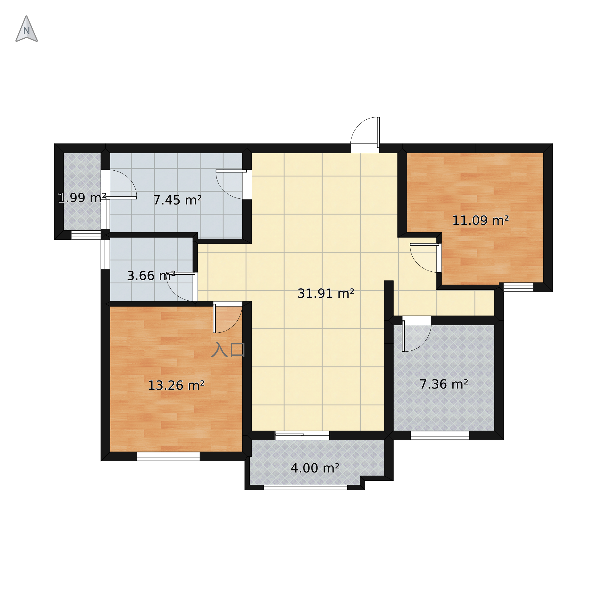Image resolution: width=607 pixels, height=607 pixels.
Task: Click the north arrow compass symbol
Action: pyautogui.click(x=27, y=29)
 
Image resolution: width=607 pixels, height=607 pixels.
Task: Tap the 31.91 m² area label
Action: pyautogui.click(x=326, y=293)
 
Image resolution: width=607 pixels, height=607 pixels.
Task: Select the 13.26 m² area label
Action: pyautogui.click(x=176, y=385)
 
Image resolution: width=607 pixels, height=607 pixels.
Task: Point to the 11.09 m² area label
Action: pyautogui.click(x=480, y=220)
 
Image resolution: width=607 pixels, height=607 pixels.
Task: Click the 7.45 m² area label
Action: pyautogui.click(x=177, y=200)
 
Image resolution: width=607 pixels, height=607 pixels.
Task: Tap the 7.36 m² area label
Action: pyautogui.click(x=444, y=384)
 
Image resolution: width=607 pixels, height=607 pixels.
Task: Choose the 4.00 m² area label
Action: pyautogui.click(x=315, y=468)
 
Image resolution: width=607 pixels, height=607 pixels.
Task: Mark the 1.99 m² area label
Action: pyautogui.click(x=82, y=198)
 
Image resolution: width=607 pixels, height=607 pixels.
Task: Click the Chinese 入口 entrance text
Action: pyautogui.click(x=228, y=350)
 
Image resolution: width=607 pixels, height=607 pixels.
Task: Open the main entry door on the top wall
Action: pyautogui.click(x=365, y=135)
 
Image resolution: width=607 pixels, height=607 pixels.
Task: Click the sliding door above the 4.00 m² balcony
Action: pyautogui.click(x=302, y=435)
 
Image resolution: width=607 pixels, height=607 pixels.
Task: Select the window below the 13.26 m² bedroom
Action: pyautogui.click(x=168, y=456)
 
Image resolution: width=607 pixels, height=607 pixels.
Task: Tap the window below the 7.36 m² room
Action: pyautogui.click(x=440, y=435)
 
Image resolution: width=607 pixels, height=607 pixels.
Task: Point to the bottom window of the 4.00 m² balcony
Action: pyautogui.click(x=306, y=487)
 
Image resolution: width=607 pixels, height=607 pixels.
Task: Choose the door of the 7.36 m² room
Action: pyautogui.click(x=417, y=334)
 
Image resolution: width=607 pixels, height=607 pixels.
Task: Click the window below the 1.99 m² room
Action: pyautogui.click(x=86, y=235)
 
